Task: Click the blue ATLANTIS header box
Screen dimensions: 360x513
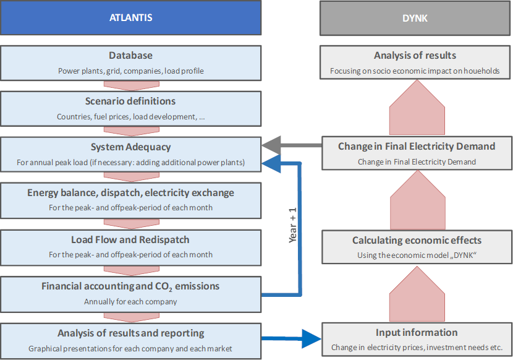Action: (130, 18)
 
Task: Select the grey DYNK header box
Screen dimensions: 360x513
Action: (415, 18)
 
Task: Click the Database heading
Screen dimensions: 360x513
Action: (130, 56)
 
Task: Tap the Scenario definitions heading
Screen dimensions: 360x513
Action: (130, 101)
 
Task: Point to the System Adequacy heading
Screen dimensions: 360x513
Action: (130, 147)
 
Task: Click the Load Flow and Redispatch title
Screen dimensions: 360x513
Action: (130, 239)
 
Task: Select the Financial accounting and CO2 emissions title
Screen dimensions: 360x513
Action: (130, 286)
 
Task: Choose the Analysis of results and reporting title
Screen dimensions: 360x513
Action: (130, 333)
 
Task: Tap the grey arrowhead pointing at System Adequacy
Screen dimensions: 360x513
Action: (271, 147)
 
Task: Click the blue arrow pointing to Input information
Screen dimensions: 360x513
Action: (309, 338)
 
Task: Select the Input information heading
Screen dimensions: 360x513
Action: (416, 333)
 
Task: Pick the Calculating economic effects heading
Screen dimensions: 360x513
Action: (416, 240)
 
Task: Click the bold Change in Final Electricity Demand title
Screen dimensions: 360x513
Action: (416, 147)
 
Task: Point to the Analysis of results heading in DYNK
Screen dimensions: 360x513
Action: (415, 56)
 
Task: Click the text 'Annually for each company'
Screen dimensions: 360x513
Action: (130, 302)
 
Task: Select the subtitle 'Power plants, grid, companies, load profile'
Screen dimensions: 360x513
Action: (130, 71)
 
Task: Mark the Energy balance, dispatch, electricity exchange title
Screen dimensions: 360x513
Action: (130, 192)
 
